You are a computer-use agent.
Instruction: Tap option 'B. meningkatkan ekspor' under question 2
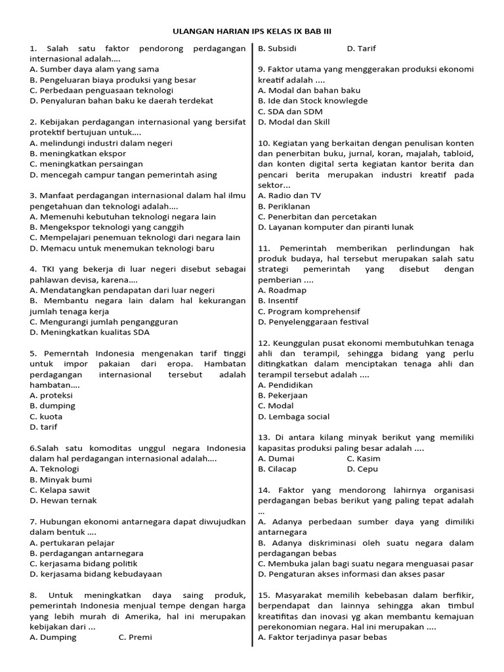[77, 153]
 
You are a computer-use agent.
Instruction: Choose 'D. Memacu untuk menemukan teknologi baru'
[121, 248]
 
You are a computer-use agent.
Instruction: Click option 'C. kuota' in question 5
[46, 416]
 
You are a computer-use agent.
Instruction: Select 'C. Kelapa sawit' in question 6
[60, 490]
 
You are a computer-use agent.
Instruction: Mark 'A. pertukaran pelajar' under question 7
[72, 543]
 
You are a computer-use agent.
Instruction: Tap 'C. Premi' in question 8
[135, 637]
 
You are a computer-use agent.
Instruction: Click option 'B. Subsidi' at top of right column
[278, 48]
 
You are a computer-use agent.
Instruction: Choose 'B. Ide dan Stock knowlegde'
[313, 100]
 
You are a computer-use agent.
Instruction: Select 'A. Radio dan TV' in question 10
[289, 195]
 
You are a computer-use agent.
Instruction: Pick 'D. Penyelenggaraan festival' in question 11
[313, 322]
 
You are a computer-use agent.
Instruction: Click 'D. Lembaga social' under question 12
[294, 416]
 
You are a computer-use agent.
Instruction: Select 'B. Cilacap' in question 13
[278, 469]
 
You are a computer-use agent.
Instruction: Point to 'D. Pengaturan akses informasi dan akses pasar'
[351, 574]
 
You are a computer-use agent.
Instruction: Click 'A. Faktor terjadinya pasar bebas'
[322, 637]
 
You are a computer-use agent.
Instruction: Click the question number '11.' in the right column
[264, 248]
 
